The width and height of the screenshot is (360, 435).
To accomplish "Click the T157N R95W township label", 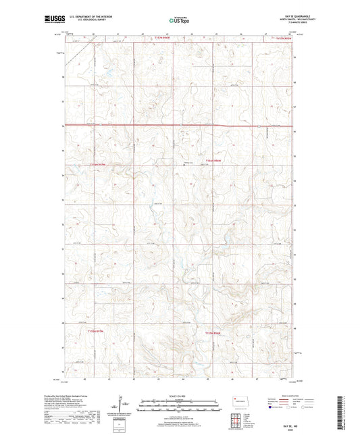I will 284,39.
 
